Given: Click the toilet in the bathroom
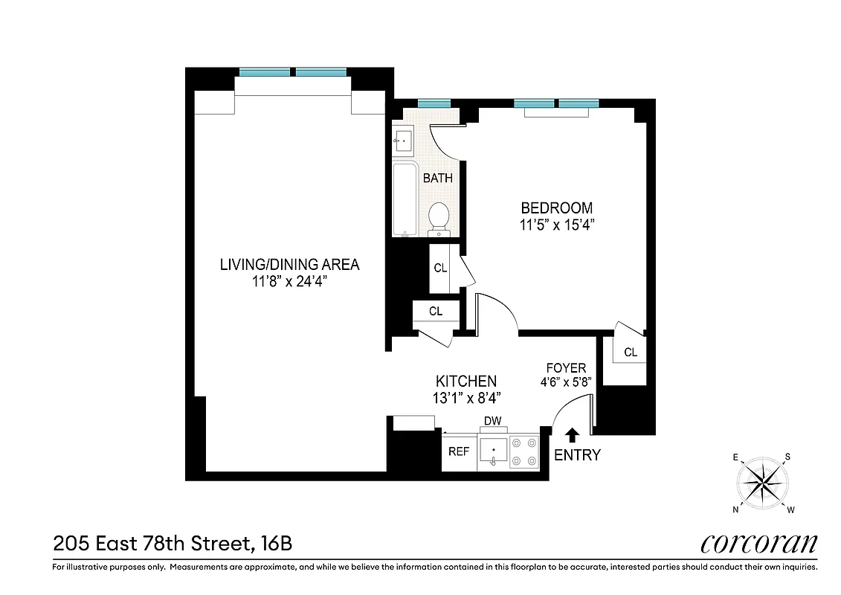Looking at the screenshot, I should click(439, 217).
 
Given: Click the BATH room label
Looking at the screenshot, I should click(437, 178).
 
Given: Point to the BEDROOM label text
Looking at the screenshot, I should click(556, 208).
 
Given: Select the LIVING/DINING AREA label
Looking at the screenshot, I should click(289, 265).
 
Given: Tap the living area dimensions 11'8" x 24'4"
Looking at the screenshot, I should click(289, 281).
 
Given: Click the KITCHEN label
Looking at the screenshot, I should click(465, 382).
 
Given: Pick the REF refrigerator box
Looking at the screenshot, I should click(459, 451).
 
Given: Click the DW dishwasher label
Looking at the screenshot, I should click(492, 422).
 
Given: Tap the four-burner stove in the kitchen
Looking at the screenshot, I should click(524, 451).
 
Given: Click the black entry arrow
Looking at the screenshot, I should click(573, 434).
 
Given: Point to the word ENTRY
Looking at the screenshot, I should click(577, 454).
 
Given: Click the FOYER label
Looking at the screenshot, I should click(566, 368).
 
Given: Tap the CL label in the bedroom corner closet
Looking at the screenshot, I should click(631, 353).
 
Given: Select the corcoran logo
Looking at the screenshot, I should click(758, 544).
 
